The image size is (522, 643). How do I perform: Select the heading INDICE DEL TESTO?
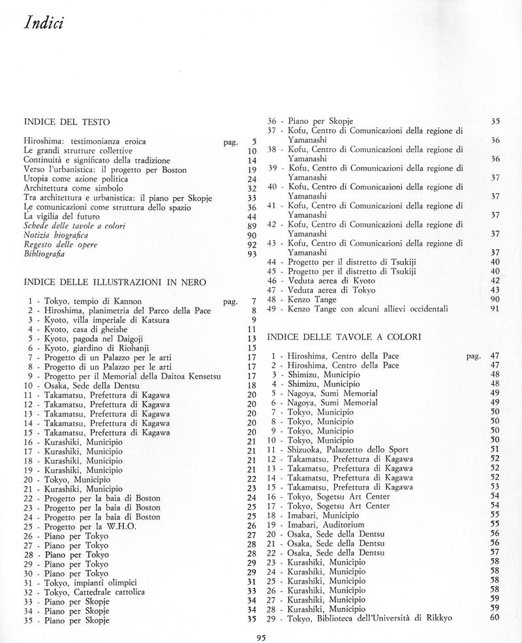click(x=66, y=121)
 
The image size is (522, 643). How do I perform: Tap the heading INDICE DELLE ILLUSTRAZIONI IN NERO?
click(x=115, y=282)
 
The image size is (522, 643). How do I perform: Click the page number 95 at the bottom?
click(x=260, y=632)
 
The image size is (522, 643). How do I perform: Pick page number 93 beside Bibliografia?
click(x=253, y=254)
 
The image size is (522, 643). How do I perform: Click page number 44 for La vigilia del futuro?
click(x=253, y=216)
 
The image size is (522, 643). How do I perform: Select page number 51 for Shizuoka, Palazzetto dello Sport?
click(x=494, y=450)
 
